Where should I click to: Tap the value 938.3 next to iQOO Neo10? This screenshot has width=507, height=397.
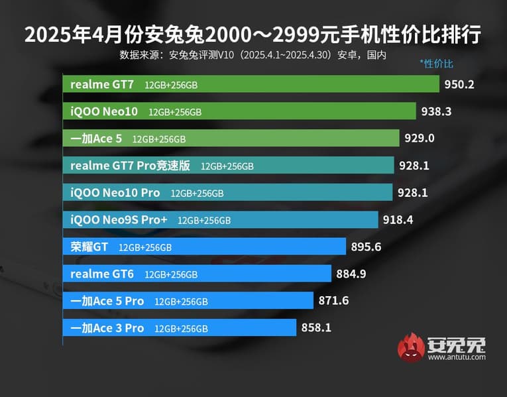pyautogui.click(x=436, y=112)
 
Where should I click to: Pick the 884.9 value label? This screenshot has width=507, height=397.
pyautogui.click(x=351, y=274)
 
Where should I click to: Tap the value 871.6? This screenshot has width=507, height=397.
pyautogui.click(x=333, y=300)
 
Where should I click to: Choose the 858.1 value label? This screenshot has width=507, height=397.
pyautogui.click(x=316, y=327)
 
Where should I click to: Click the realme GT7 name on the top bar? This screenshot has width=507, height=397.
pyautogui.click(x=102, y=84)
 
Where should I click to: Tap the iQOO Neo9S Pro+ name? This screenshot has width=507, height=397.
pyautogui.click(x=119, y=219)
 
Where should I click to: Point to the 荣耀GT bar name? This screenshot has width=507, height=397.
pyautogui.click(x=89, y=247)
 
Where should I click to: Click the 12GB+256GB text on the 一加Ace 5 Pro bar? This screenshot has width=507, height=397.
pyautogui.click(x=181, y=302)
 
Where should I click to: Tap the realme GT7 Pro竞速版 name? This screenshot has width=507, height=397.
pyautogui.click(x=130, y=166)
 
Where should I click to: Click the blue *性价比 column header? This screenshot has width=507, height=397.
pyautogui.click(x=436, y=64)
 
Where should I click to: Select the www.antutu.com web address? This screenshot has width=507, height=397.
pyautogui.click(x=457, y=357)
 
